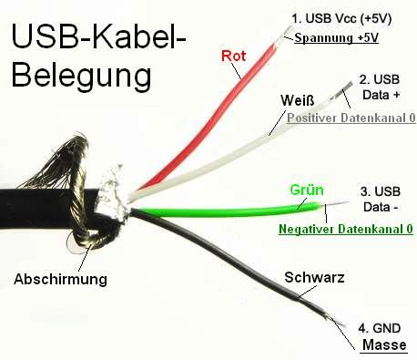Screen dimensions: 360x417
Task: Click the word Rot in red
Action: (x=234, y=56)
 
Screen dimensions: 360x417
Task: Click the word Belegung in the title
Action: (x=82, y=75)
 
